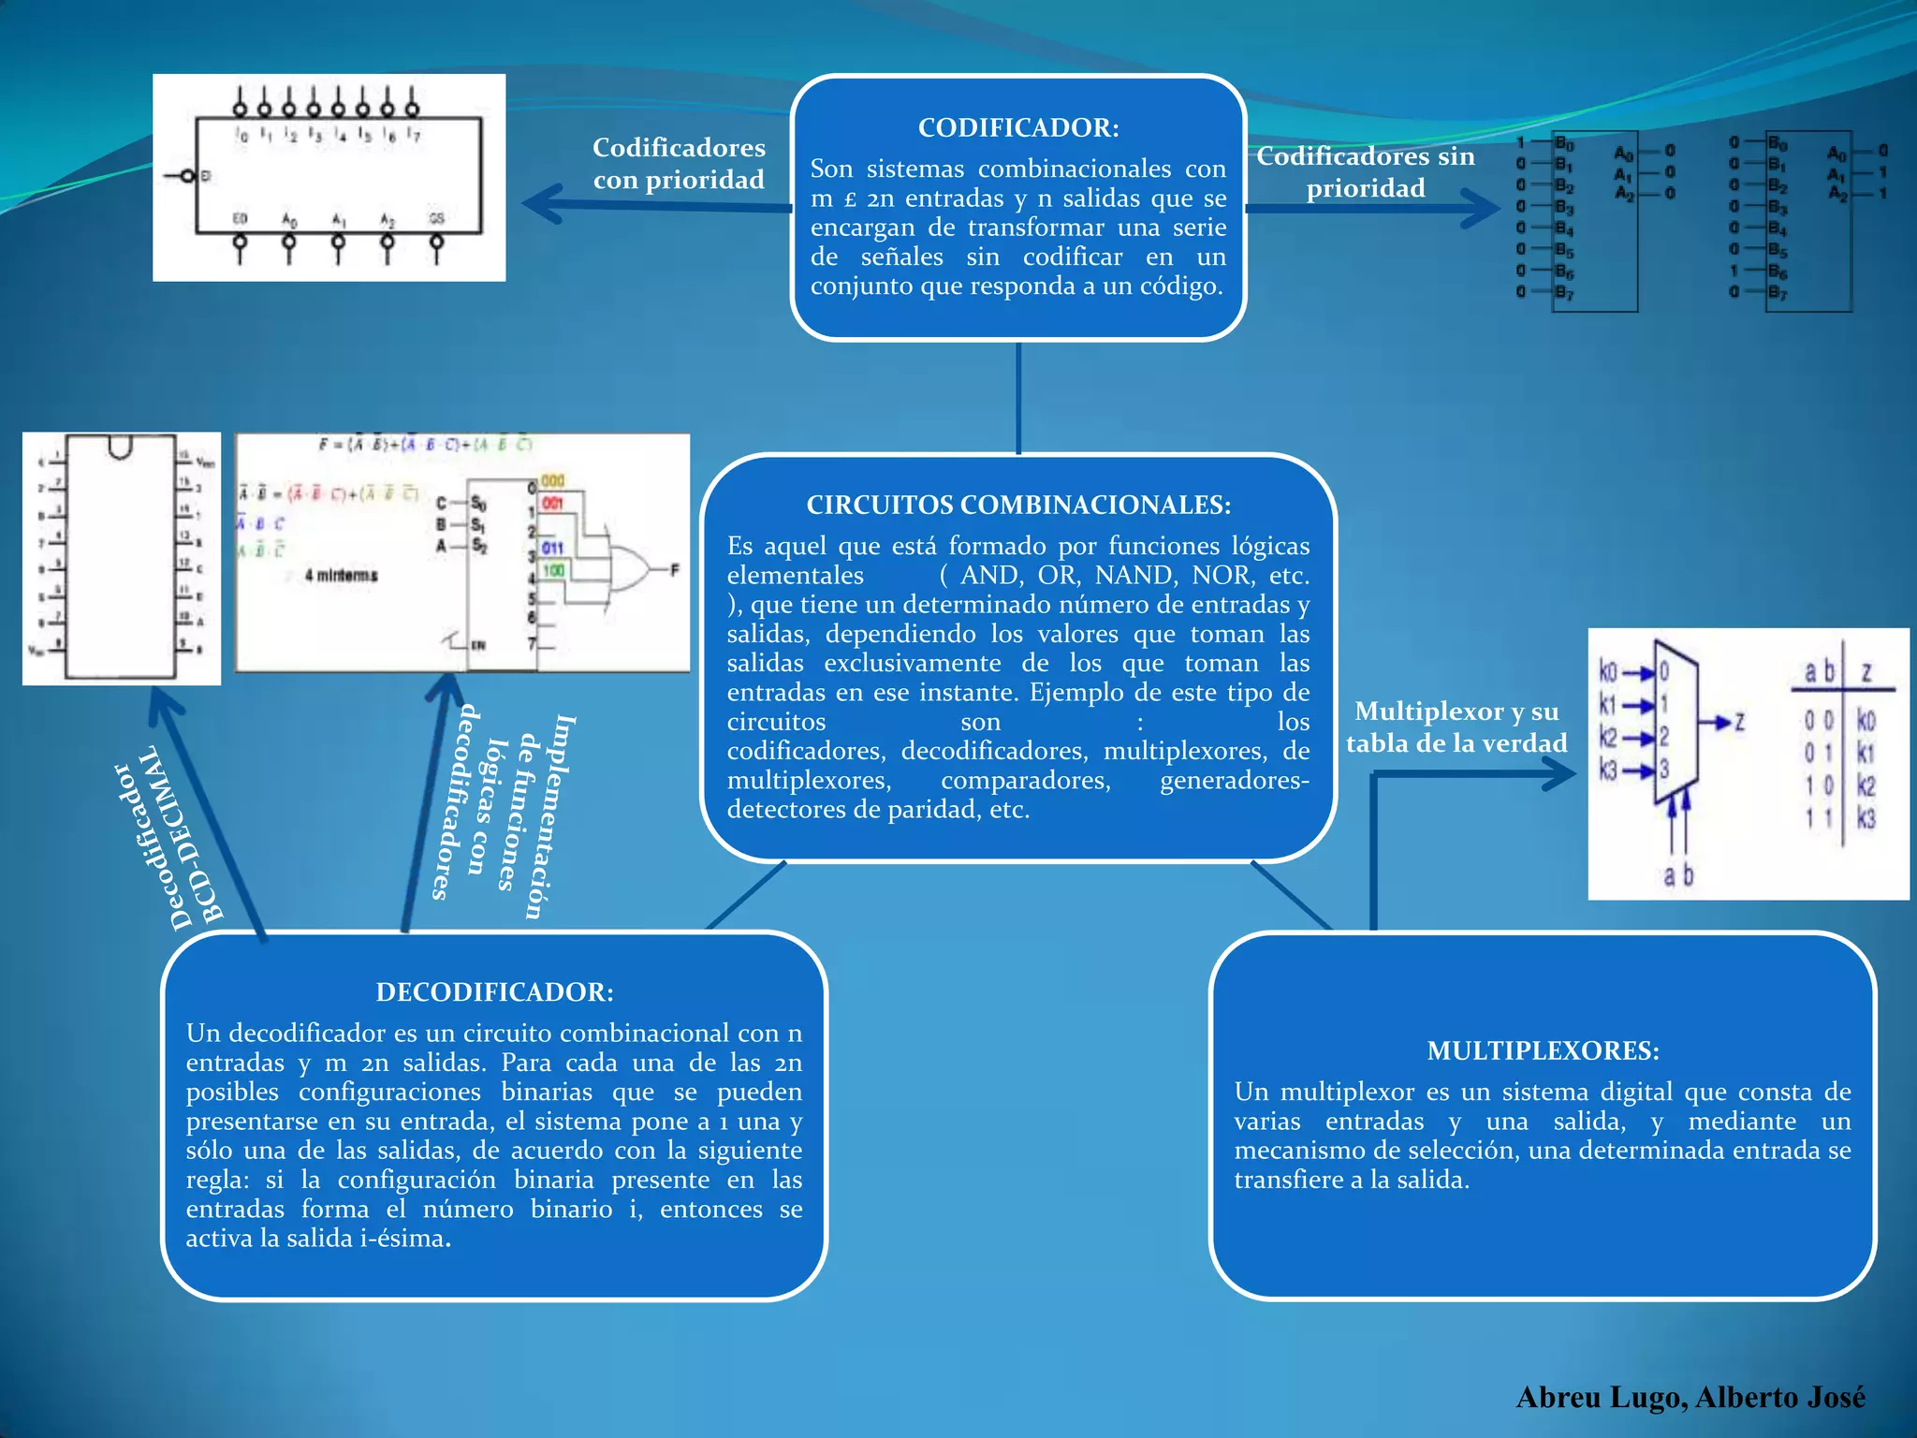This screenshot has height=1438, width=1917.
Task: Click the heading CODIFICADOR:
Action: (1018, 127)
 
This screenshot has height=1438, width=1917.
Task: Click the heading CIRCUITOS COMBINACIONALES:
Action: (1018, 505)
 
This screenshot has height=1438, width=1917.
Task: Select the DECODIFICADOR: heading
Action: (494, 991)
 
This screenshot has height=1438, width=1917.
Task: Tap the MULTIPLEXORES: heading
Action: (1543, 1050)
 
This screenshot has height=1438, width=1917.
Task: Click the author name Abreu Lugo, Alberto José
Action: (1690, 1397)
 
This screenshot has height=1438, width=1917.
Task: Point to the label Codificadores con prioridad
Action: (679, 164)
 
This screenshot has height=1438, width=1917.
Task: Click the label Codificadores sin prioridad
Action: (1366, 172)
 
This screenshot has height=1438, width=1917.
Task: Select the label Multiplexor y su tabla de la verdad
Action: (1456, 727)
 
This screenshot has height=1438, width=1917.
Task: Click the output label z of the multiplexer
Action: (1739, 722)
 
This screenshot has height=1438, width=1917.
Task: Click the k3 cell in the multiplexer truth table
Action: (1866, 819)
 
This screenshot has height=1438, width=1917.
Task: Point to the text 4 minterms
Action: (341, 575)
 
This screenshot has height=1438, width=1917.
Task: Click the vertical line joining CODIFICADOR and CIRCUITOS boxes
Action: (1018, 398)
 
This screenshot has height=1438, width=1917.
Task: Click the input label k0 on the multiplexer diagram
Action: (1608, 671)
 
